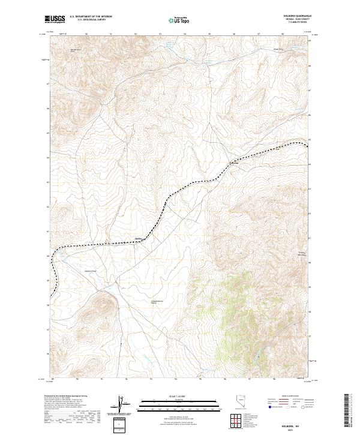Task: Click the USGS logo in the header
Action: [55, 20]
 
